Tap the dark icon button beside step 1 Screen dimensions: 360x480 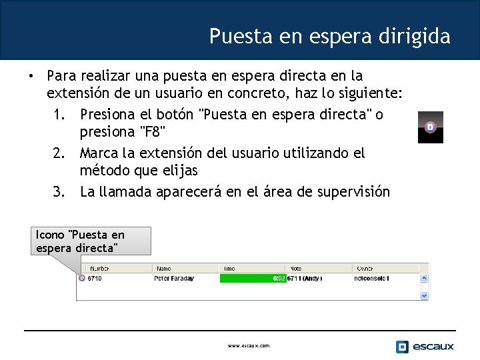point(430,127)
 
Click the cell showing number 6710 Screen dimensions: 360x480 point(95,278)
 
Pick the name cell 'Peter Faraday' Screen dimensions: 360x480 point(173,278)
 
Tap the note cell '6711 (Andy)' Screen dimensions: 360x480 point(305,278)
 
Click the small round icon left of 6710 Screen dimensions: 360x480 point(81,278)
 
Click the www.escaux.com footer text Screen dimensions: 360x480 point(249,346)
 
